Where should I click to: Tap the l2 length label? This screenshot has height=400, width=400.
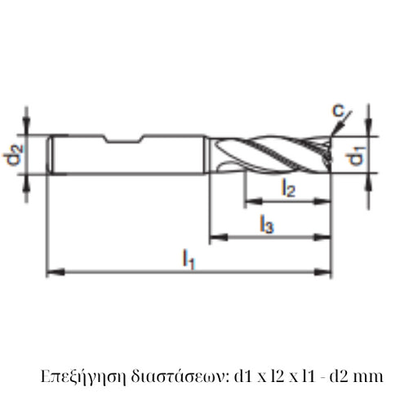[288, 188]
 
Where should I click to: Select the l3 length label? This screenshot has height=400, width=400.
[266, 224]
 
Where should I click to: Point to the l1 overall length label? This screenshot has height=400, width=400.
[189, 260]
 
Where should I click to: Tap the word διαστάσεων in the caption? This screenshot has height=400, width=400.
[172, 376]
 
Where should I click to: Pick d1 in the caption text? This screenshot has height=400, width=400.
[242, 376]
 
